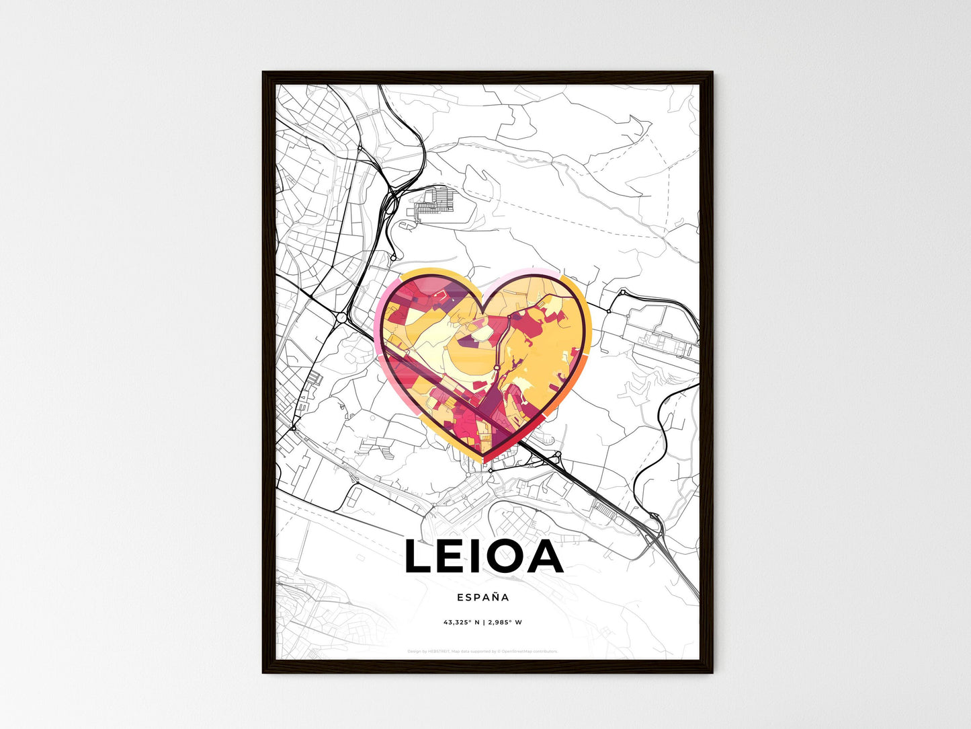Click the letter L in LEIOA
click(419, 558)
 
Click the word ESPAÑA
click(482, 597)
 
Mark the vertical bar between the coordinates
click(484, 622)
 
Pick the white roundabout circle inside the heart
click(495, 367)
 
